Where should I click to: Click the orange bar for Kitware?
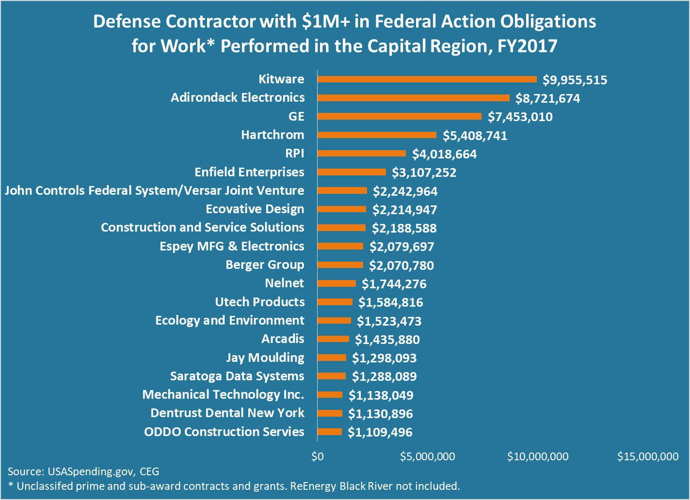427,79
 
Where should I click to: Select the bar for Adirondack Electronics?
414,98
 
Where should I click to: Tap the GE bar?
400,116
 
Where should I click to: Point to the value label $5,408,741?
475,136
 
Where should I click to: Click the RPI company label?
295,154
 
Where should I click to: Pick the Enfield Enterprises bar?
352,172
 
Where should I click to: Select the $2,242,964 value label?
405,191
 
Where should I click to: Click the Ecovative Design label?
255,209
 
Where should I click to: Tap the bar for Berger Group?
340,265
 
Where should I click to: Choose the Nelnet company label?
285,283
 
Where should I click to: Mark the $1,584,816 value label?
390,303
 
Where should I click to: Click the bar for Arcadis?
333,339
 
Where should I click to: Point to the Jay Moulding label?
265,358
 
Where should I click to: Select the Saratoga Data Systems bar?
332,376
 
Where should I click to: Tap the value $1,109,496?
380,432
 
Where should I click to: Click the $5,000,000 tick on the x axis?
428,456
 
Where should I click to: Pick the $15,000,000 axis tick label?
648,456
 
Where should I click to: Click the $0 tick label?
318,456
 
